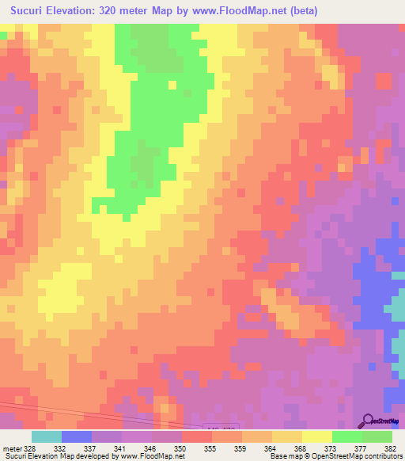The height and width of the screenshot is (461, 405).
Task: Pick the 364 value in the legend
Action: click(270, 447)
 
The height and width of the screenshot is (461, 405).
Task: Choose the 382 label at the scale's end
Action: click(390, 447)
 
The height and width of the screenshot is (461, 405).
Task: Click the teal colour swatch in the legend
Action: click(47, 436)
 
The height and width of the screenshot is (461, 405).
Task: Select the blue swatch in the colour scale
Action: click(77, 436)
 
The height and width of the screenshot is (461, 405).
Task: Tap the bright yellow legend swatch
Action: click(316, 436)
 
